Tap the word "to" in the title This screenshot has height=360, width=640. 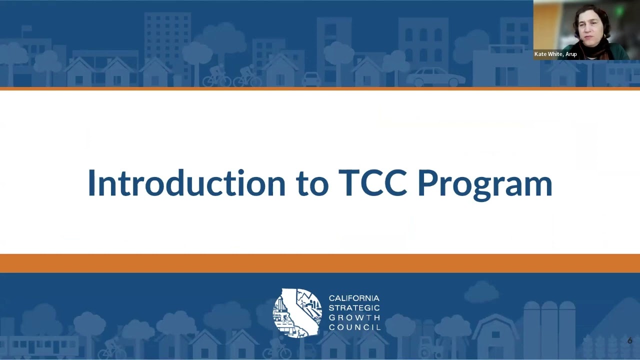pos(312,184)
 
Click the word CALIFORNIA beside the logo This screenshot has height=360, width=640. pos(354,298)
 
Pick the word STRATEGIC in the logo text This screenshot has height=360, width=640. pos(354,308)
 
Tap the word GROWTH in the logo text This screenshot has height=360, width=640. pos(354,317)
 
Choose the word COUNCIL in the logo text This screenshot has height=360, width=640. pos(354,327)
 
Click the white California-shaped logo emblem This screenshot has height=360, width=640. pos(297,312)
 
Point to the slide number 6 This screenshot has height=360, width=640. pos(629,341)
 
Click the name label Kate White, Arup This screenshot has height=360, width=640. pos(555,54)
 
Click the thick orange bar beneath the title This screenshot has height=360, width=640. pos(320,263)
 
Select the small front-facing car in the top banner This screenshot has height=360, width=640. pos(311,79)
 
